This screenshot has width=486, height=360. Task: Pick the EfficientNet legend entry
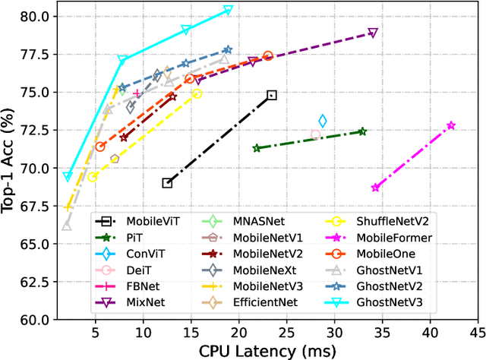[267, 302]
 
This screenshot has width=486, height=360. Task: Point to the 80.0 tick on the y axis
[34, 16]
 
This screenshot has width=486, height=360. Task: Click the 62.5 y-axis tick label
[34, 282]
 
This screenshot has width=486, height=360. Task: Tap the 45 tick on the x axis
[478, 332]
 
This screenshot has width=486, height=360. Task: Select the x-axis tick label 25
[286, 332]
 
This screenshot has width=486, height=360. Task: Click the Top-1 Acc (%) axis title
[11, 167]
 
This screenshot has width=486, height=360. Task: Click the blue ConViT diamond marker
[323, 121]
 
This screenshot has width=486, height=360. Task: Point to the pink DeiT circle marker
[316, 134]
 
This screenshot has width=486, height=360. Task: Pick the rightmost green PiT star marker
[362, 131]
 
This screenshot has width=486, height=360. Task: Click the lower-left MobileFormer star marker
[375, 188]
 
